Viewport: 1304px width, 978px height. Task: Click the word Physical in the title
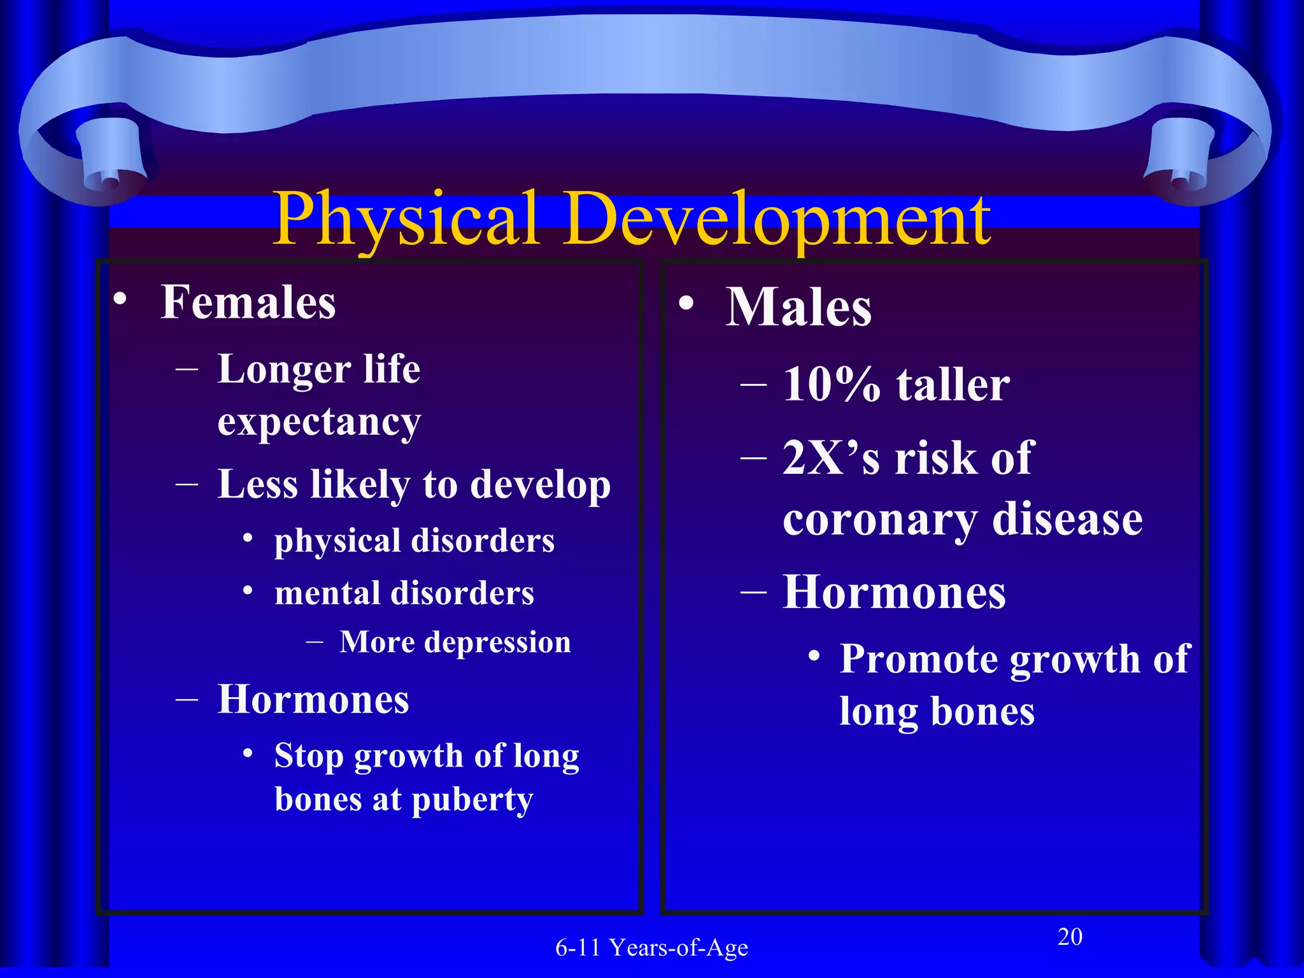point(406,220)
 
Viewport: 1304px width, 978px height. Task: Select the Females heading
point(248,302)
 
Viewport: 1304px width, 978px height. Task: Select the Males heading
point(798,308)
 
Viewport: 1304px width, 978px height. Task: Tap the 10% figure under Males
point(832,385)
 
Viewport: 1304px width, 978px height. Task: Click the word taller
point(953,385)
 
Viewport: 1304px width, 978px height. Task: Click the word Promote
point(918,659)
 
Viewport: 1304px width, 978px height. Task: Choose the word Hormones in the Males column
point(894,593)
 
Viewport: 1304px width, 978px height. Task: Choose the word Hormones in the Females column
point(313,700)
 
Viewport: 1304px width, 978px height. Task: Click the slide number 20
point(1070,937)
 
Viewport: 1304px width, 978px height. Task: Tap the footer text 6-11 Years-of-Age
point(651,948)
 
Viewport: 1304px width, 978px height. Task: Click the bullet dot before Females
point(120,299)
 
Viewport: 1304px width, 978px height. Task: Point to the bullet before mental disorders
point(249,590)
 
